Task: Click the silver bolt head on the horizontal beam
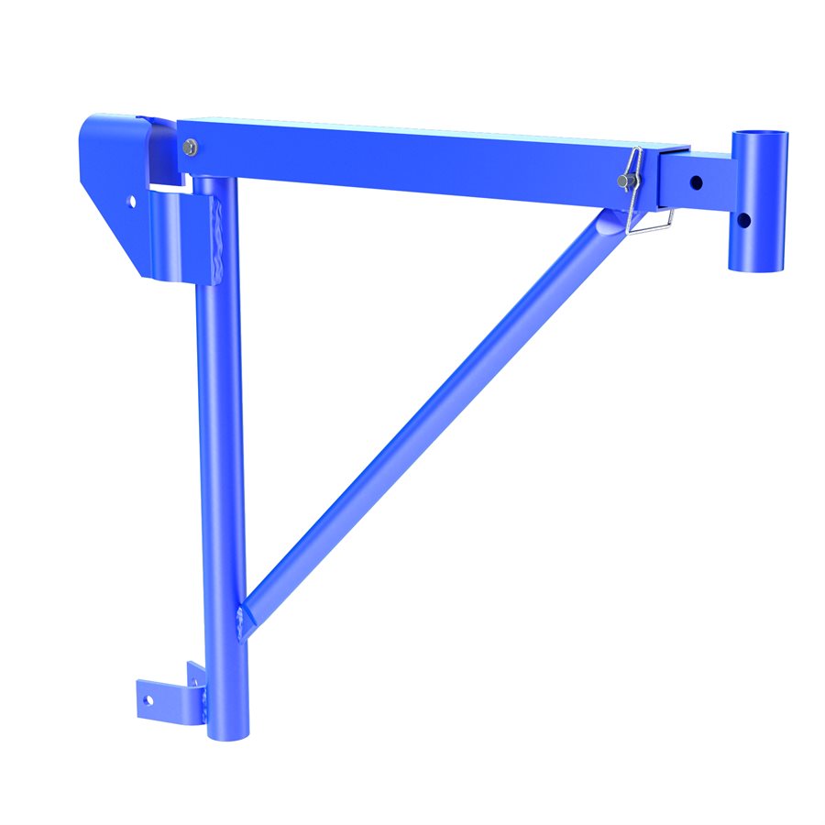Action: pos(190,146)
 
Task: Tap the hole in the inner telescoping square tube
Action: pos(697,180)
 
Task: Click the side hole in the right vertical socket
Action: pos(744,220)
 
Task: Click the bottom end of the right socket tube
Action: pos(757,266)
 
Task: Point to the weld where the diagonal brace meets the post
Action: pos(243,623)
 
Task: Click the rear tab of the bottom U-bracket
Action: pos(196,674)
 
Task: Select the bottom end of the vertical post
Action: pos(224,733)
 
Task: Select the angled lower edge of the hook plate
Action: pos(115,243)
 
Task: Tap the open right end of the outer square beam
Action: pos(674,174)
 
